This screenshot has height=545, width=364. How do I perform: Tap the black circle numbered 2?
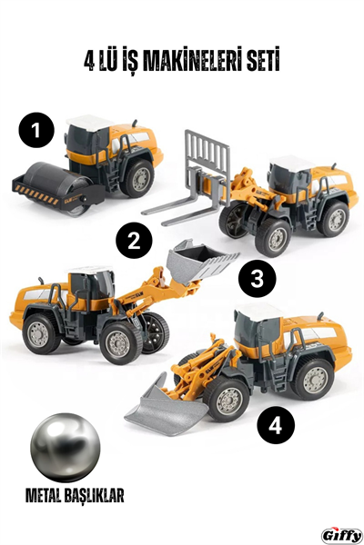click(135, 242)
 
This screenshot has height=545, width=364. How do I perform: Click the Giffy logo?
click(341, 534)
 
